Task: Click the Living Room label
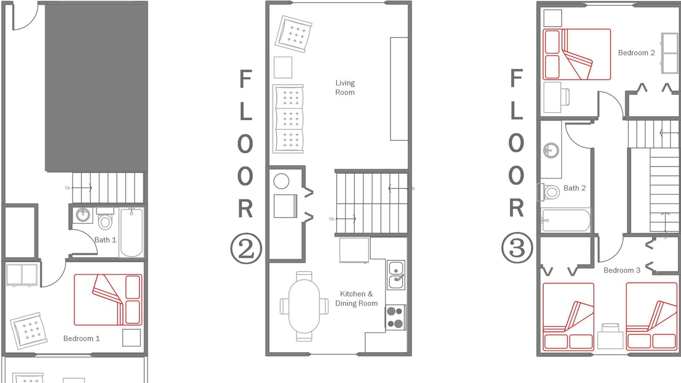coord(345,88)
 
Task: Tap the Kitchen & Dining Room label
coord(356,298)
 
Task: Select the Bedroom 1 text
coord(81,339)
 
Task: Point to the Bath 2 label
coord(575,188)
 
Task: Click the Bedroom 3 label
coord(622,270)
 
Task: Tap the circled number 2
coord(246,248)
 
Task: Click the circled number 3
coord(517,248)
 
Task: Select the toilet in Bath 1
coord(105,219)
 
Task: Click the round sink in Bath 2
coord(551,150)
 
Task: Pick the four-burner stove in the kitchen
coord(395,318)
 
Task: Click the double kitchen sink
coord(396,275)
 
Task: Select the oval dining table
coord(304,306)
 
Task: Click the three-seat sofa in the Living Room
coord(288,119)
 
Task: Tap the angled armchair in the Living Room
coord(293,34)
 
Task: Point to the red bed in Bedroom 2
coord(577,54)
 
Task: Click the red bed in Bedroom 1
coord(108,299)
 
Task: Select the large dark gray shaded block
coord(96,87)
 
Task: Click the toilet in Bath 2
coord(550,192)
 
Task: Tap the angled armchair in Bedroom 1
coord(29,331)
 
